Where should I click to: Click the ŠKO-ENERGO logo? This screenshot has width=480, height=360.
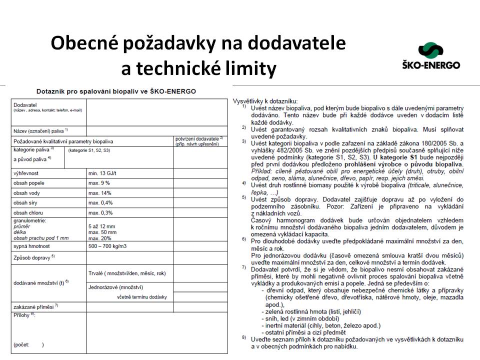430,55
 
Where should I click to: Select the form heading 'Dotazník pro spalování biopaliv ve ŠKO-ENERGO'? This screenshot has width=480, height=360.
116,91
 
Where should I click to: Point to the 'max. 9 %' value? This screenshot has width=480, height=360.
99,183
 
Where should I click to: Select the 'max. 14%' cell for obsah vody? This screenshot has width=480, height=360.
100,193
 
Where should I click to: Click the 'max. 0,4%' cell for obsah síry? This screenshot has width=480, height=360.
100,202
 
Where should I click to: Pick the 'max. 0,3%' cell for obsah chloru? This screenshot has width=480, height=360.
100,212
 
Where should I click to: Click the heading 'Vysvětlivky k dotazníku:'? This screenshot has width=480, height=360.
265,101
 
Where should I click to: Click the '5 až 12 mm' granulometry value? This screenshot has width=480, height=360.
102,226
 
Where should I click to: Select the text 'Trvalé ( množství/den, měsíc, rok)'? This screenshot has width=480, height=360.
127,273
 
